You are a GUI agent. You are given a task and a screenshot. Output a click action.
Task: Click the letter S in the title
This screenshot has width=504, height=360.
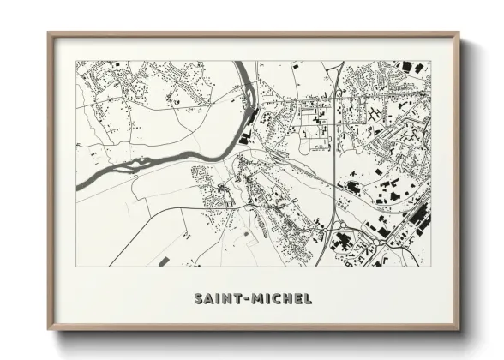pos(199,299)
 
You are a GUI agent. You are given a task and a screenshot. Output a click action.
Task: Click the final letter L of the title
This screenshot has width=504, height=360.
pos(308,299)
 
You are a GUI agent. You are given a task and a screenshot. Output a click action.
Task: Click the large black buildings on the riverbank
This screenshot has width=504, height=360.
pos(247,135)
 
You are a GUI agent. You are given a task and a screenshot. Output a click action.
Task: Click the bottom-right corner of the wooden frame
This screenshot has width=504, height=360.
pos(459,329)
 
